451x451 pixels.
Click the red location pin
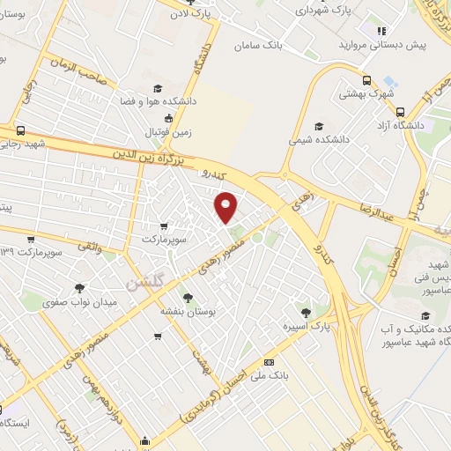[226, 205]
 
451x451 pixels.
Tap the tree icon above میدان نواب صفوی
[80, 288]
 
